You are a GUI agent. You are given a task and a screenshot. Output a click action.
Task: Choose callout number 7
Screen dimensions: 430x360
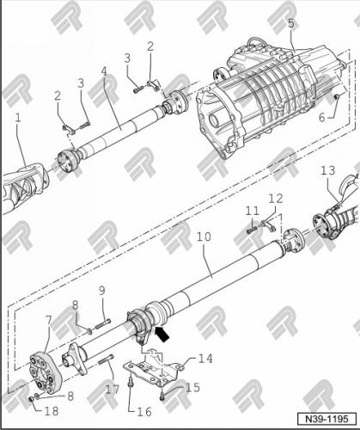[x=49, y=320]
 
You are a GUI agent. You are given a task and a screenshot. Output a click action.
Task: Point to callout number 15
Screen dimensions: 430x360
[x=193, y=388]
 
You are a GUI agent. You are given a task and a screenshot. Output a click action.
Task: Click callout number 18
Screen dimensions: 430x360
[x=52, y=412]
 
